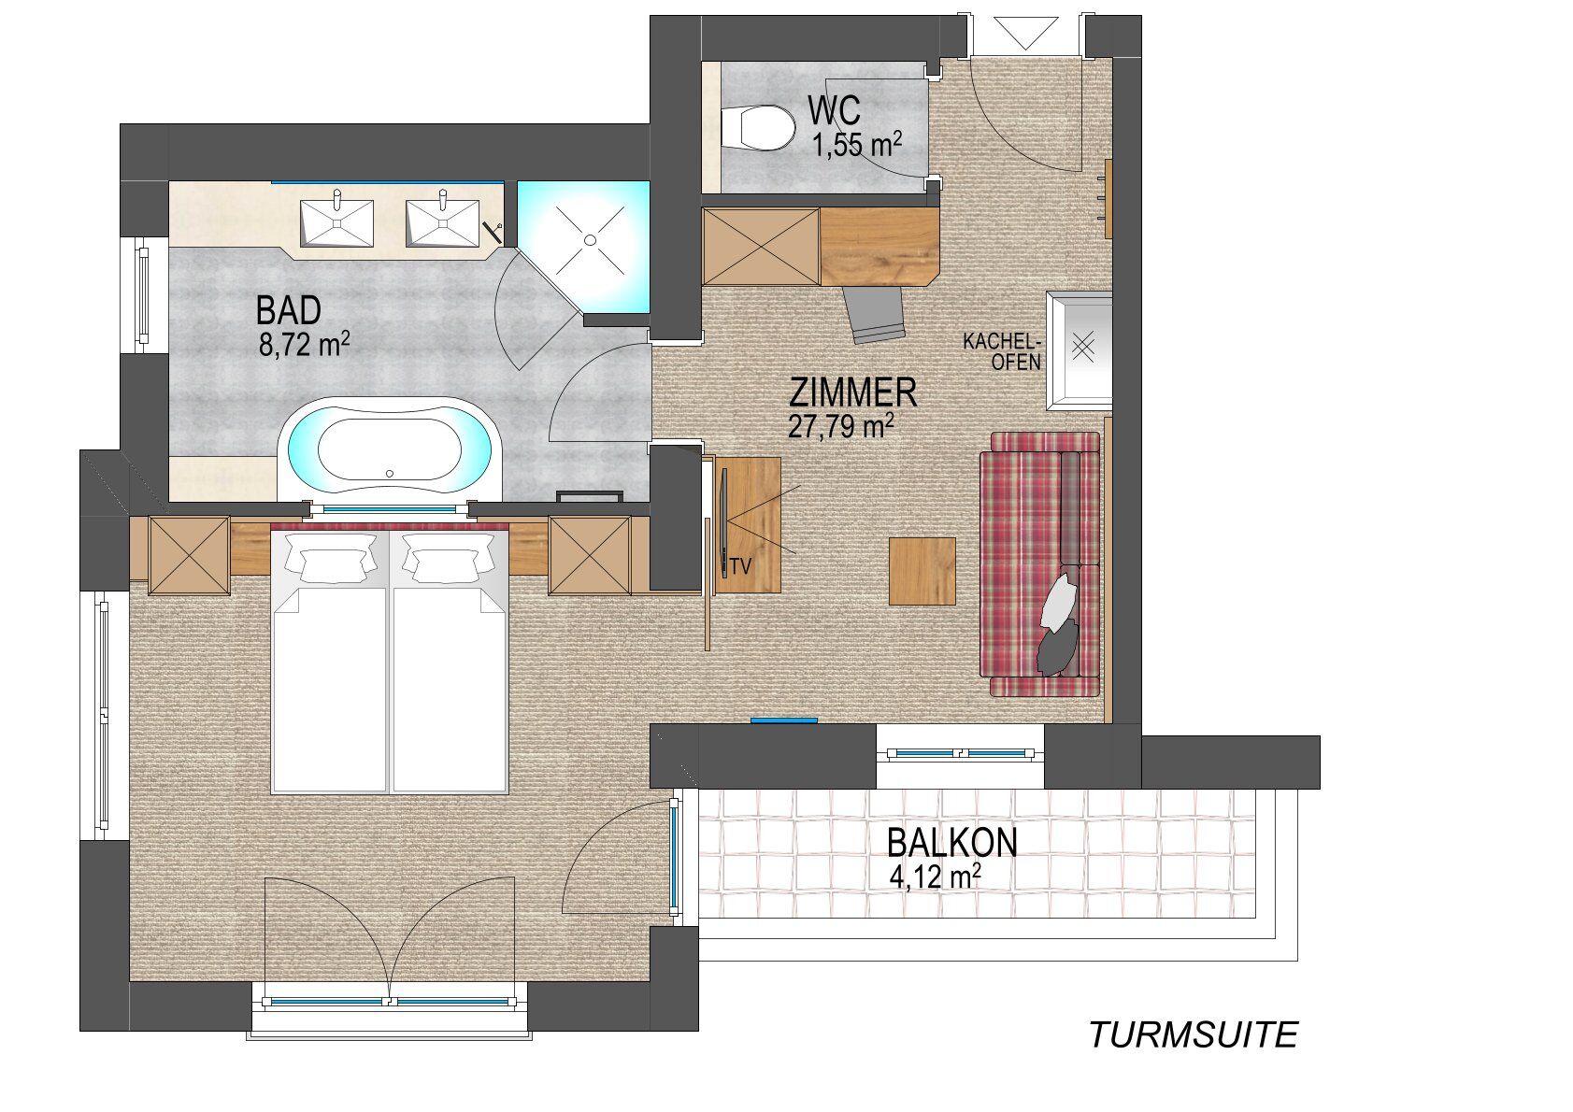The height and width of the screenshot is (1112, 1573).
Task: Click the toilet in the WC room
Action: tap(758, 128)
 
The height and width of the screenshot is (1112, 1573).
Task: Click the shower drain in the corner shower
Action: tap(590, 240)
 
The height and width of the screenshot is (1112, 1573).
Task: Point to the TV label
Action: tap(741, 566)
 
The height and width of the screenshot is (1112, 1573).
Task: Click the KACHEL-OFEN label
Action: tap(1002, 352)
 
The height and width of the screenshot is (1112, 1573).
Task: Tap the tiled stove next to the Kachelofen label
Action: tap(1080, 350)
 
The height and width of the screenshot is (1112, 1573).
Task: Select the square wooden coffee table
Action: tap(922, 571)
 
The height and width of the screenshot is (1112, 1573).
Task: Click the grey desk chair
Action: tap(874, 315)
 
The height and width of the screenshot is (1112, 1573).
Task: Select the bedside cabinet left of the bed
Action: tap(190, 555)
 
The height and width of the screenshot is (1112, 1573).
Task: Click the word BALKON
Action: tap(952, 844)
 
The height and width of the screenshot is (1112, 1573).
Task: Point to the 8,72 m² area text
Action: tap(304, 346)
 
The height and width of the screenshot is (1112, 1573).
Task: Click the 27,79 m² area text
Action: tap(840, 426)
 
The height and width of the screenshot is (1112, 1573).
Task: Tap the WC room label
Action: tap(835, 110)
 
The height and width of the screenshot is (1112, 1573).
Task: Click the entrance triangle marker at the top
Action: tap(1026, 33)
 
